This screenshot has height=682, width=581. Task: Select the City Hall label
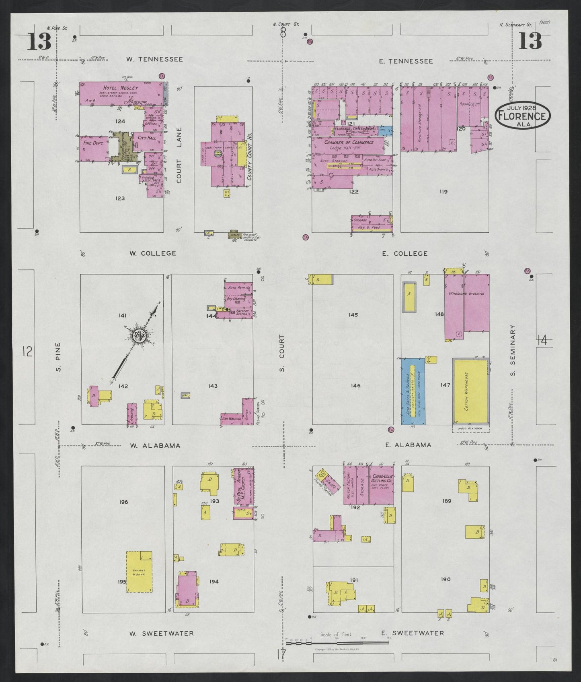coord(146,138)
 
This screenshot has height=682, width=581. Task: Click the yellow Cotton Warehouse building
coord(470,391)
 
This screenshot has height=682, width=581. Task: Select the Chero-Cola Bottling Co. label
coord(382,478)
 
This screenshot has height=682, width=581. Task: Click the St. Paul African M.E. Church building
coord(244,486)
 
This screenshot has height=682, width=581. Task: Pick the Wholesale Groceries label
coord(470,293)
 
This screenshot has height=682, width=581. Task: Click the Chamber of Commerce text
coord(349,142)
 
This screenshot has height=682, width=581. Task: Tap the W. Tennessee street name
coord(154,59)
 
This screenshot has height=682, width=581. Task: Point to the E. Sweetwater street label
coord(413,633)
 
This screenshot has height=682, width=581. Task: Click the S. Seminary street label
coord(513,350)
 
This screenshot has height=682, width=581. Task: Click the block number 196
coord(123,502)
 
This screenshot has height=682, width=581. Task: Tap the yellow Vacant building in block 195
coord(139,571)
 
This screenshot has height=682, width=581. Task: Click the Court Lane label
coord(179,155)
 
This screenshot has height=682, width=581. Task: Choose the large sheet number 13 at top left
coord(39,42)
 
